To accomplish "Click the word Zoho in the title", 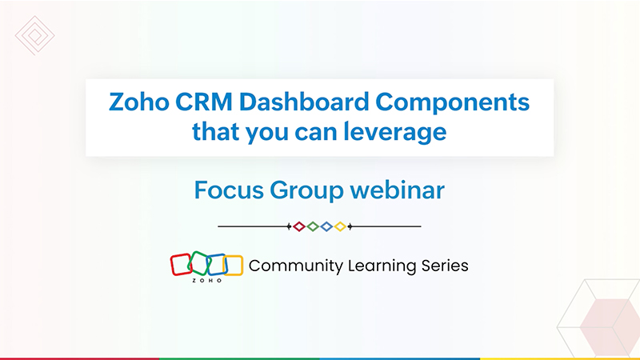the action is tap(138, 102).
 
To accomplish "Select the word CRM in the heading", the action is tap(204, 102).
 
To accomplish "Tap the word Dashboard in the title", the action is tap(304, 102).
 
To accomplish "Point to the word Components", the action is tap(452, 102).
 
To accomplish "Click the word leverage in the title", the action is tap(394, 133).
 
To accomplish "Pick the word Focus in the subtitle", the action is tap(229, 190).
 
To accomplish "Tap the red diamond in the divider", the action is tap(299, 226).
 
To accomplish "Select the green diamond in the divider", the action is tap(313, 226).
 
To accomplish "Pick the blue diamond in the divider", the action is tap(326, 226).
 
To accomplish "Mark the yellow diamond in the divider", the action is tap(340, 226).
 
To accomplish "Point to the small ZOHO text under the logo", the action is tap(207, 281).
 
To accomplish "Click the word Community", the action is tap(296, 266).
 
